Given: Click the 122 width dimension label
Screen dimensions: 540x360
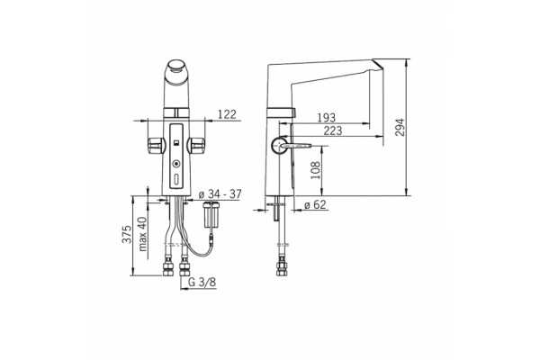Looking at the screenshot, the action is pyautogui.click(x=228, y=114).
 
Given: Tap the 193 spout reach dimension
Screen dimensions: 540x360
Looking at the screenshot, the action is pyautogui.click(x=326, y=118).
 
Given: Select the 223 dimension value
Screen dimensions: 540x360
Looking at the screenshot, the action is pyautogui.click(x=333, y=130).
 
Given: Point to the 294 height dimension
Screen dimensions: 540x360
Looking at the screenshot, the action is pyautogui.click(x=400, y=128).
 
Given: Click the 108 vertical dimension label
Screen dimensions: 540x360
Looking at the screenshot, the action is pyautogui.click(x=315, y=170).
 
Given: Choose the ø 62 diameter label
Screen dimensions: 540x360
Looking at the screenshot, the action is pyautogui.click(x=315, y=204).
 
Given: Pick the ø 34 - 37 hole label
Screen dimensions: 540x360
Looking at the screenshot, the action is pyautogui.click(x=220, y=194).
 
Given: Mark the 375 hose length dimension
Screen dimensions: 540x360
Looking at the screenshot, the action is pyautogui.click(x=127, y=234).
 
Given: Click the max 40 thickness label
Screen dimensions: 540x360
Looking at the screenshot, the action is pyautogui.click(x=142, y=234).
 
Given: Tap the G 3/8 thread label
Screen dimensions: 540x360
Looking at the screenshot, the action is pyautogui.click(x=202, y=282).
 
